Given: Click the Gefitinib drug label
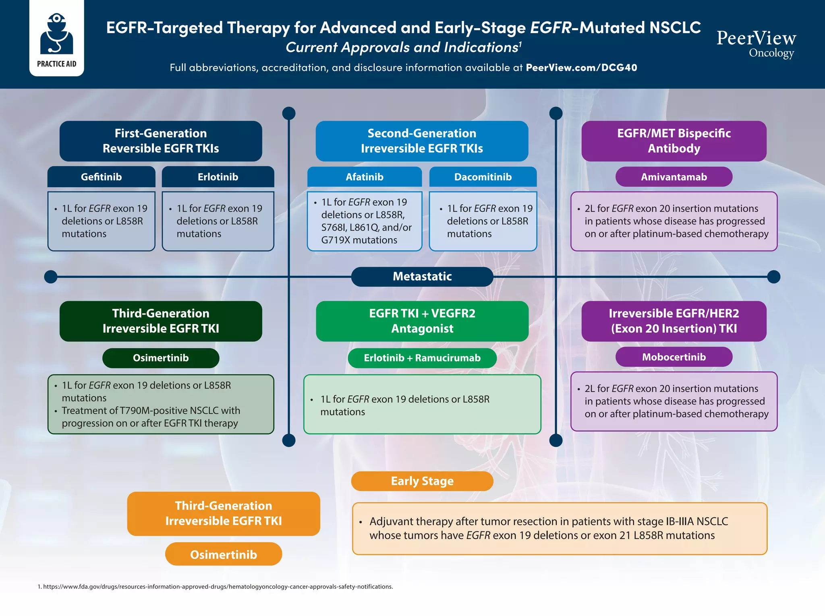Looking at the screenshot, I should click(101, 177).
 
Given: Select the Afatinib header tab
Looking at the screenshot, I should click(364, 177).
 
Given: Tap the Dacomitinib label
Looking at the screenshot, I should click(483, 177).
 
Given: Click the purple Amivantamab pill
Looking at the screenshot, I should click(674, 177).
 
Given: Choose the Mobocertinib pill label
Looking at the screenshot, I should click(674, 357).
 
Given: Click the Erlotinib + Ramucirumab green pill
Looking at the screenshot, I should click(422, 358).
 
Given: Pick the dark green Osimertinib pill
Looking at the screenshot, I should click(160, 358).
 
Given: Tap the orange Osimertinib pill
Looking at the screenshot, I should click(223, 554).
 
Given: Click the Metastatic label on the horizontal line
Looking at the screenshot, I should click(422, 277).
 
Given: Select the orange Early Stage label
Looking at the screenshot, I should click(422, 481).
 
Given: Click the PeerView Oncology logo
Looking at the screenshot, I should click(756, 43).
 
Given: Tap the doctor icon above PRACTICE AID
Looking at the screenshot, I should click(56, 34).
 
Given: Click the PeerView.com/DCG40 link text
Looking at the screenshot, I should click(581, 68).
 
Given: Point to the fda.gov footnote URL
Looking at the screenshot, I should click(218, 587).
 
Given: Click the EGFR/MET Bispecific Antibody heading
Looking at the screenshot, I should click(674, 141).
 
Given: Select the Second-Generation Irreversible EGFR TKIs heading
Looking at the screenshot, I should click(422, 141).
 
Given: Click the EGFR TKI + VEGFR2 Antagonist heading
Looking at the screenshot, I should click(422, 321).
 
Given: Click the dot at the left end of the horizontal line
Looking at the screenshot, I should click(50, 277).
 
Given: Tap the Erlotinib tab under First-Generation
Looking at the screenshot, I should click(218, 177).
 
